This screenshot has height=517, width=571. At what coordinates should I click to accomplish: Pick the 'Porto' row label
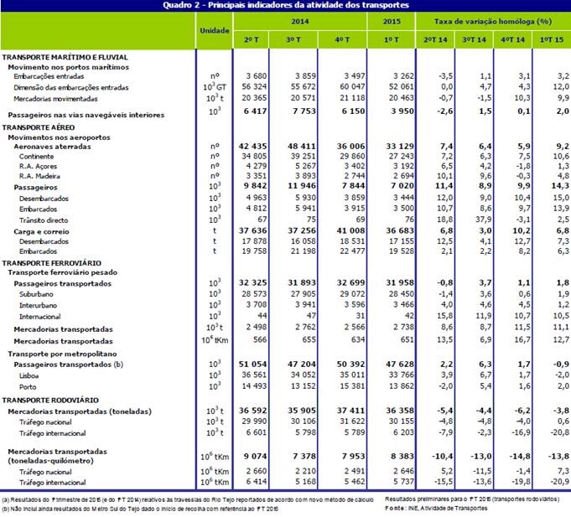pos(29,389)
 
